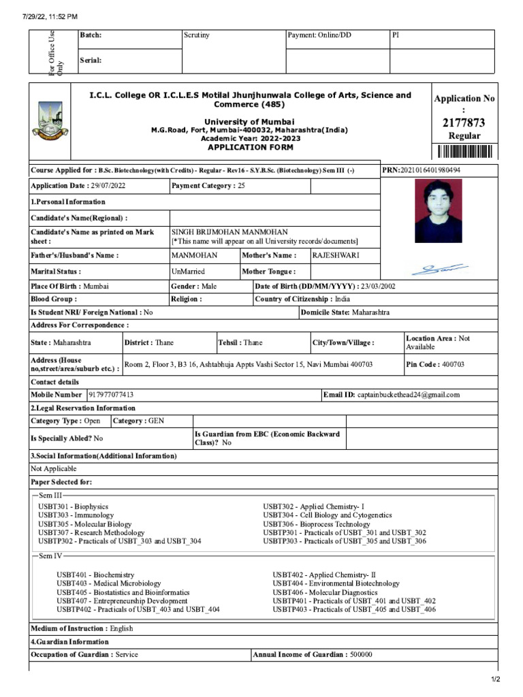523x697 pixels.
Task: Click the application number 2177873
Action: point(464,123)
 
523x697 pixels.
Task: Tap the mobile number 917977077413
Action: point(111,395)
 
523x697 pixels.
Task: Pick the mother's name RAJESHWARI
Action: point(336,255)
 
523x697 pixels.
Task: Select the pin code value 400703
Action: point(453,365)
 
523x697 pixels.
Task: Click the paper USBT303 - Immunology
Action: point(76,516)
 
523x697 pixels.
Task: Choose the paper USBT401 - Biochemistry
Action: point(95,575)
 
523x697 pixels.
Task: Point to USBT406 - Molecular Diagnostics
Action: point(325,592)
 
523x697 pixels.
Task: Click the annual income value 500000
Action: point(361,655)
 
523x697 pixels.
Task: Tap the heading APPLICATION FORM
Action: point(251,147)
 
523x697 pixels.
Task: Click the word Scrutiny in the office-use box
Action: point(197,35)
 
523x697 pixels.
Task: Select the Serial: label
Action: point(91,61)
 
